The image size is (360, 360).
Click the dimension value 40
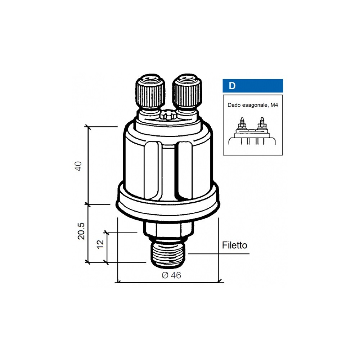[78, 166]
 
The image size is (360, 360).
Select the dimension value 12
[100, 244]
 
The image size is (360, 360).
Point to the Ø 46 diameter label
[171, 275]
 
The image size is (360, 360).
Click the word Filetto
[234, 245]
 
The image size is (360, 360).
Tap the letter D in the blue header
[232, 86]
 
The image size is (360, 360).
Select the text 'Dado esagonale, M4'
[253, 105]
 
